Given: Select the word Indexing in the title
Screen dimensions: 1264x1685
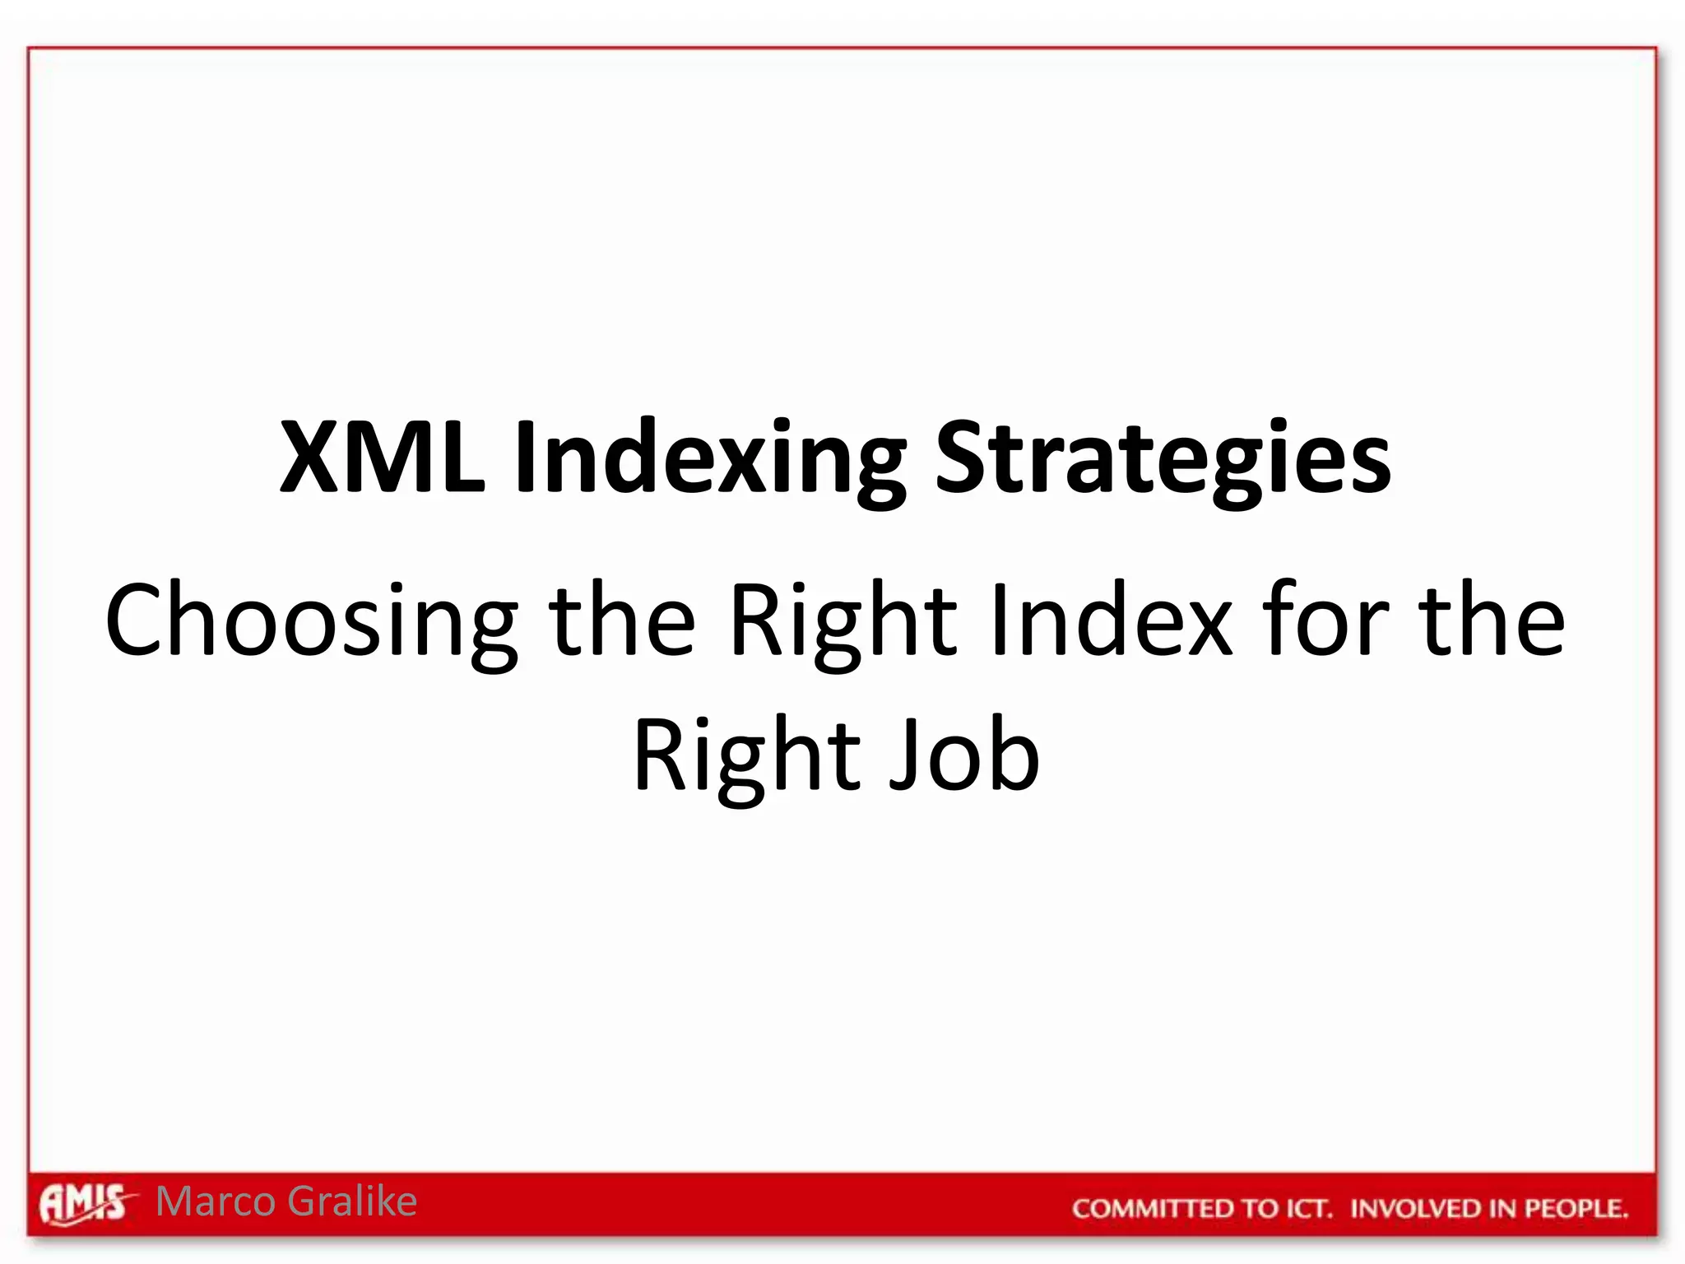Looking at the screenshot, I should (711, 461).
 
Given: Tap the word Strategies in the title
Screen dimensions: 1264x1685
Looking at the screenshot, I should (1163, 461).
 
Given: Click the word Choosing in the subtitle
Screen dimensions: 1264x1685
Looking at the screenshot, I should (311, 624).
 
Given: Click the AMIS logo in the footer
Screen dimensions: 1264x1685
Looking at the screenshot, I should (83, 1204).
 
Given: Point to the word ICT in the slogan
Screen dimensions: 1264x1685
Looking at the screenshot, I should (1302, 1208).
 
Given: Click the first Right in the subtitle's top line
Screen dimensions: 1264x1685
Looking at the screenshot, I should (844, 624).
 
